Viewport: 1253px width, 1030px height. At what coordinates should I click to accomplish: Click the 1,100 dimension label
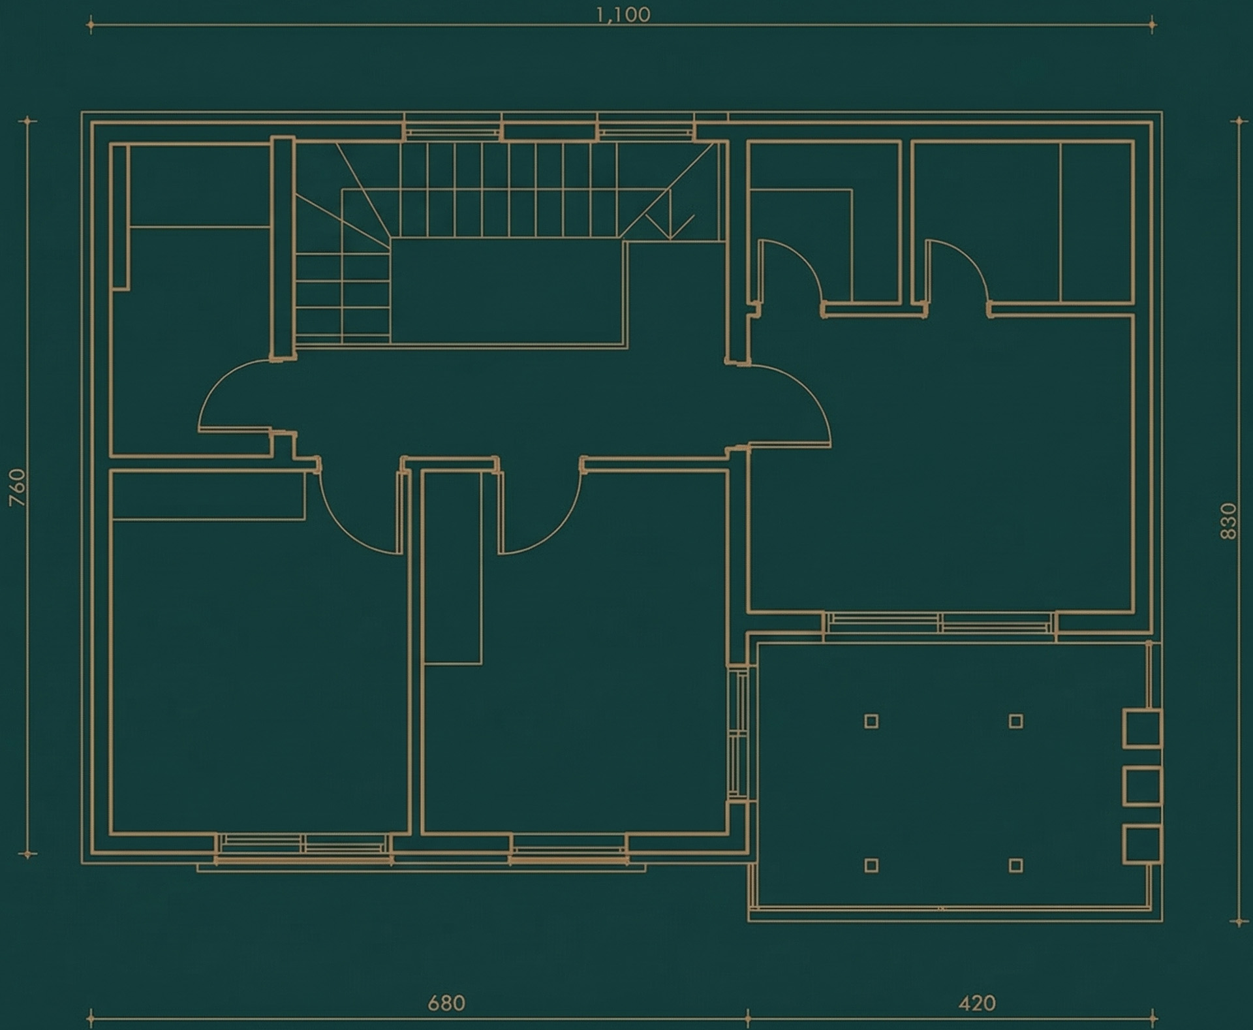623,15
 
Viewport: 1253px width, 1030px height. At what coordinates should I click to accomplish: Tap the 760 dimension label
18,488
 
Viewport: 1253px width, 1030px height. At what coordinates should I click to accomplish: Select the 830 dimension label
1228,521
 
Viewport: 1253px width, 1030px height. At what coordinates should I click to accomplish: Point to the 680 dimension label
446,1003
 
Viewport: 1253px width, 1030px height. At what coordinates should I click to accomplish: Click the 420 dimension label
977,1003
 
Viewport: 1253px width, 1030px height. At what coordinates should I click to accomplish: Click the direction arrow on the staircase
670,215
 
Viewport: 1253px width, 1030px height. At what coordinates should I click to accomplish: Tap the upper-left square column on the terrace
871,721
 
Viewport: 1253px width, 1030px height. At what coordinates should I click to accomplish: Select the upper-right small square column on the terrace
1015,721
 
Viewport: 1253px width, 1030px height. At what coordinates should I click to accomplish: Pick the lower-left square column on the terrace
871,866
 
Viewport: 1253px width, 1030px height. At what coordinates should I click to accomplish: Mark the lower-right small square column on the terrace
1015,866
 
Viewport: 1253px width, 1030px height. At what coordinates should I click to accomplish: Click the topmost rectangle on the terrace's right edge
1142,728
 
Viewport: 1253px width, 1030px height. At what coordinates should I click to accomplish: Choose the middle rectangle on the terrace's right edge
1142,786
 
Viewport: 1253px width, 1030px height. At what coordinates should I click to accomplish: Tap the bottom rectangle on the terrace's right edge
1142,843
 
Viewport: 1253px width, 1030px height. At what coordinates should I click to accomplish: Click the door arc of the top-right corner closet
972,261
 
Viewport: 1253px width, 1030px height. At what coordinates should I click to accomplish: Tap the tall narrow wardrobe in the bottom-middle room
452,567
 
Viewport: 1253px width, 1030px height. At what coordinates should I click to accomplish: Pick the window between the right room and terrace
940,623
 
